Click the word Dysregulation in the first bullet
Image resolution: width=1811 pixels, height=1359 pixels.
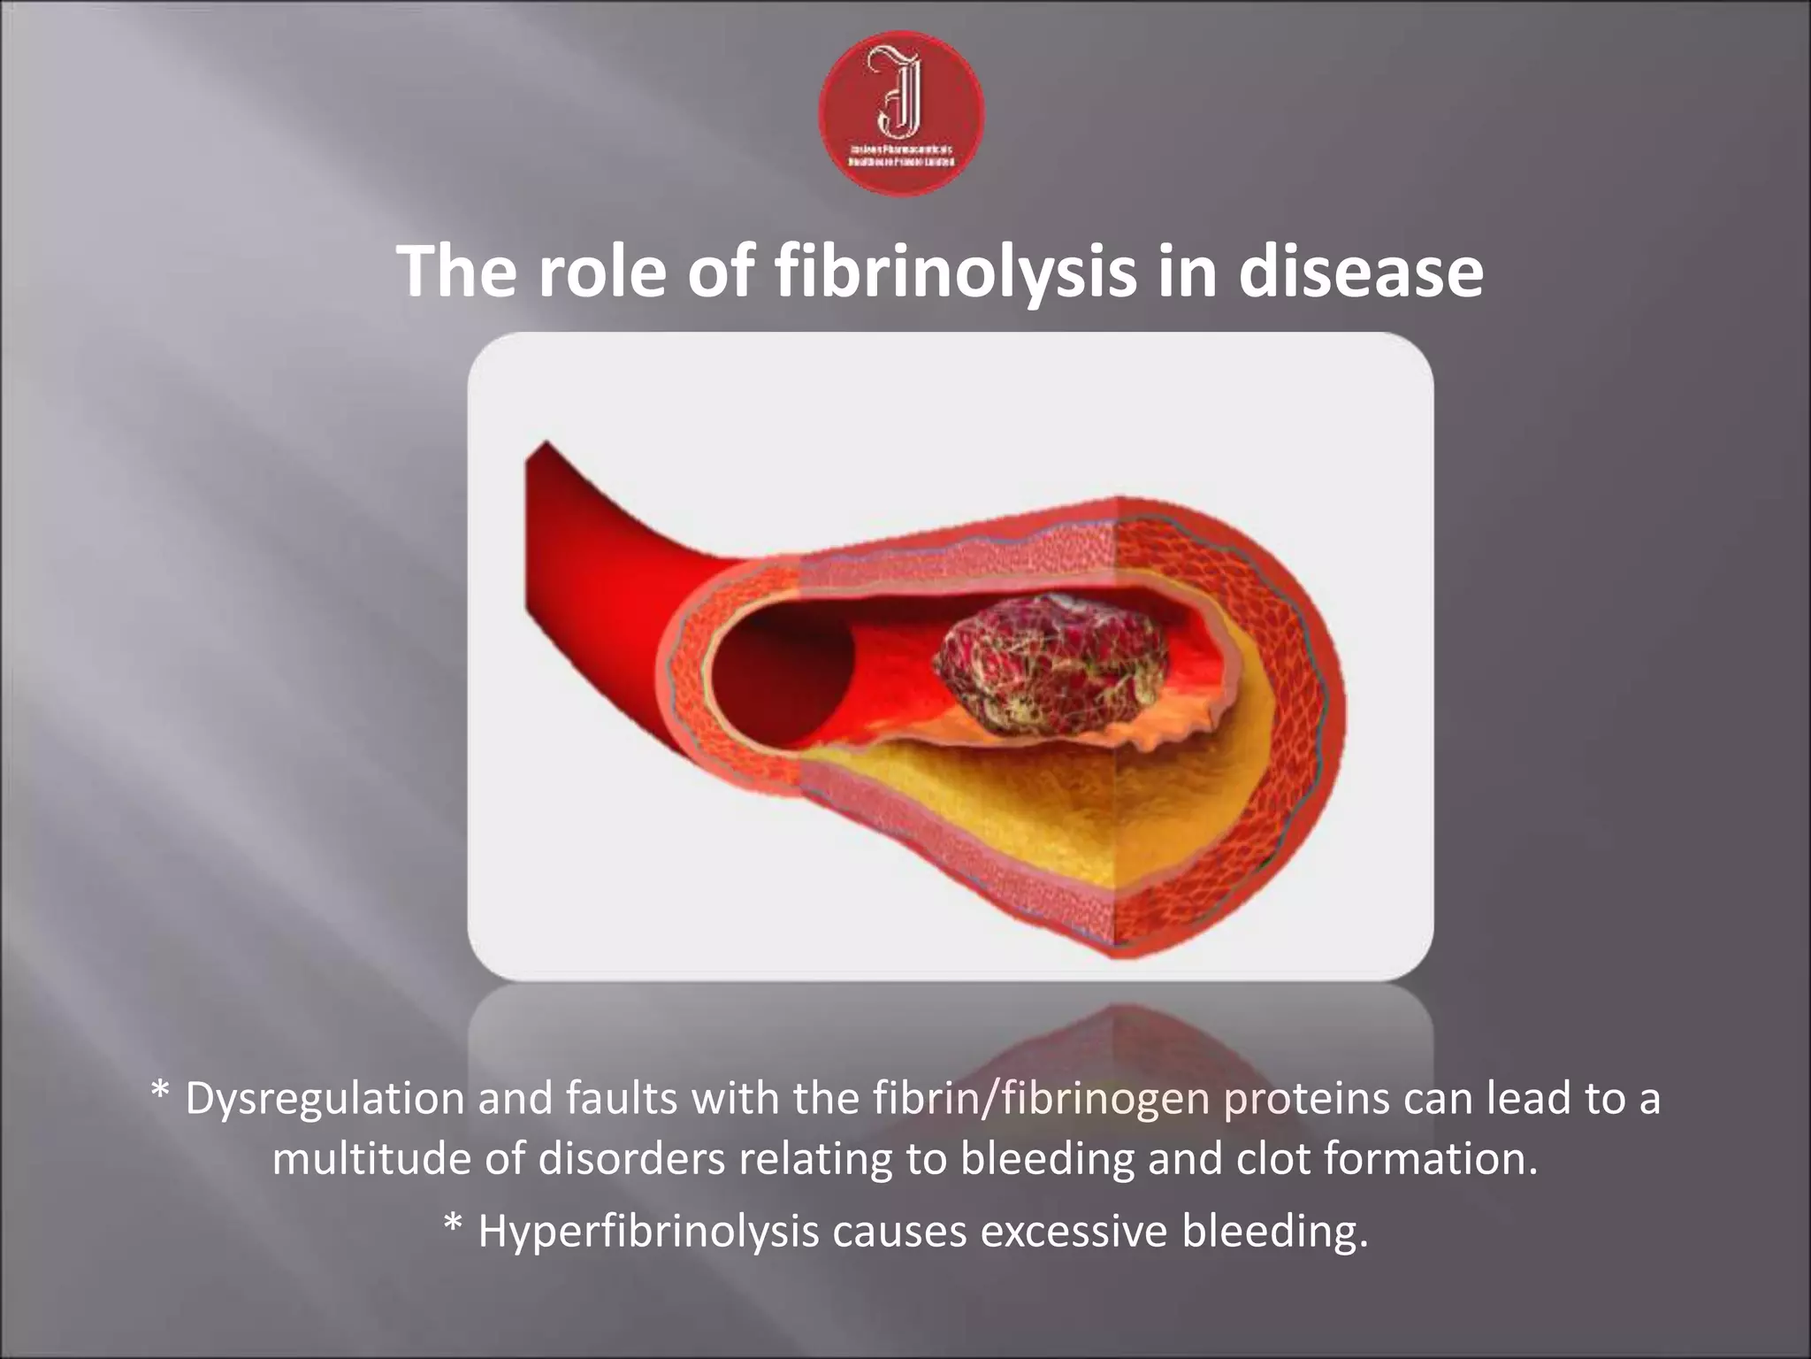(325, 1099)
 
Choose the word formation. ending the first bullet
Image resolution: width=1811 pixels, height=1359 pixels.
(1430, 1159)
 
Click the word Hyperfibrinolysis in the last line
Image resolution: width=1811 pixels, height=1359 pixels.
(648, 1231)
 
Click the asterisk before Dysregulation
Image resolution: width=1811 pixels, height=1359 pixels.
(160, 1094)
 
